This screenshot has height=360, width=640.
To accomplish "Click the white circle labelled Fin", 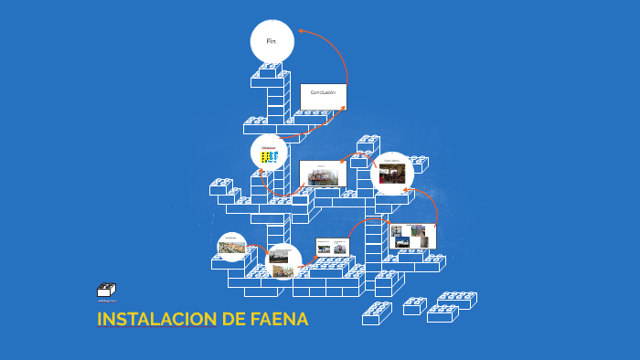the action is pos(272,42).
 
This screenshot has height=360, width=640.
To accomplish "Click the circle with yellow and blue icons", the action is pos(269,154).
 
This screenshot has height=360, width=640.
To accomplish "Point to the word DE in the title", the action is pos(232,320).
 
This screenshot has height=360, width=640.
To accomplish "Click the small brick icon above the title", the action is pos(105,291).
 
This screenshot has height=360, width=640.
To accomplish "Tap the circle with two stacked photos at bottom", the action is pos(283,260).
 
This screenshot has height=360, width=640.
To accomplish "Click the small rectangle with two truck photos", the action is pos(333,247).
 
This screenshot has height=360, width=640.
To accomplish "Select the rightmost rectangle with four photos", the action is pos(411,237).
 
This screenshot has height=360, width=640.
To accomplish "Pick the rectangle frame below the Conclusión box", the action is pos(321,173).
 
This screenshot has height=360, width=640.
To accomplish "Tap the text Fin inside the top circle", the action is pos(271,41).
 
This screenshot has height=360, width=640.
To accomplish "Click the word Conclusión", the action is pos(323,92).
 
